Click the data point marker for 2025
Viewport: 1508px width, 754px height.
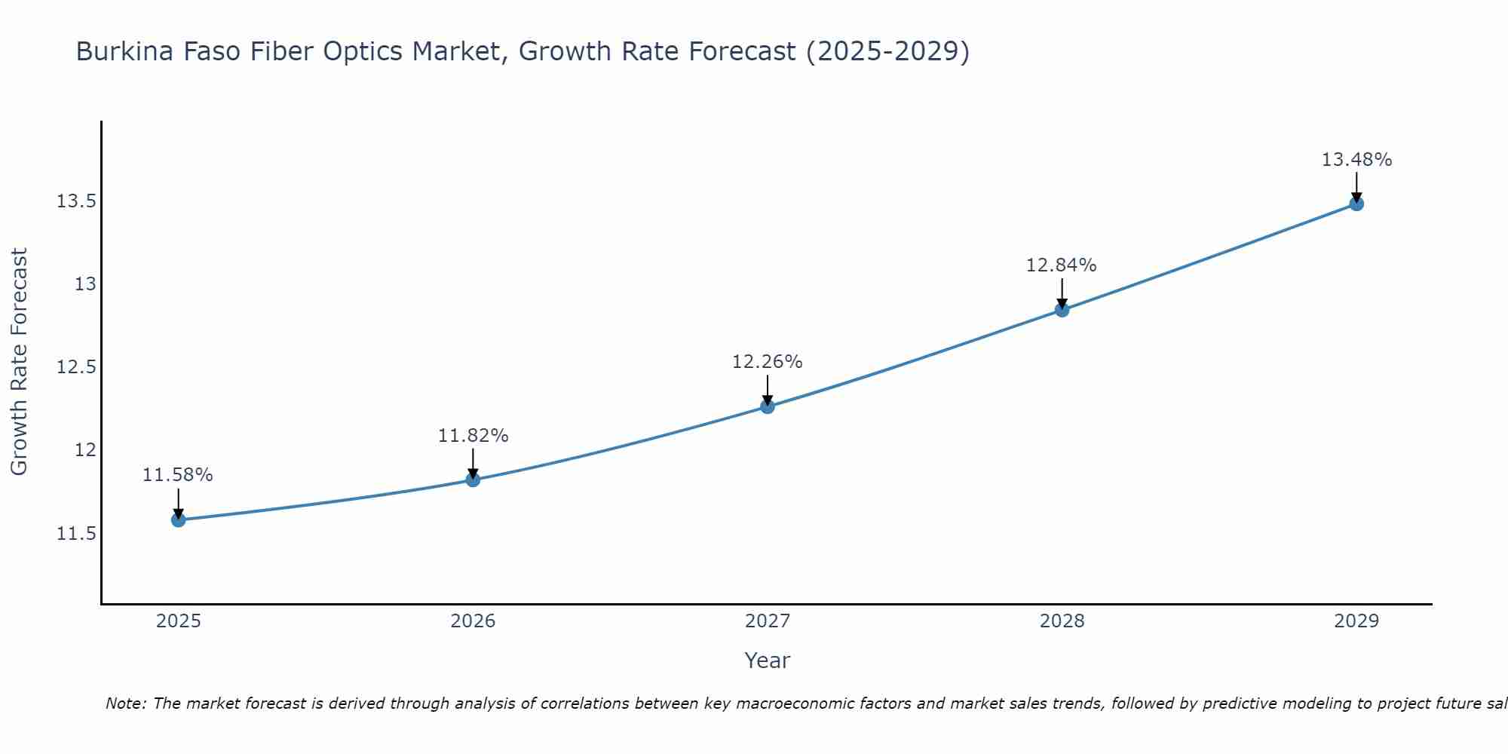tap(179, 520)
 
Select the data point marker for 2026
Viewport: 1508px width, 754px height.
tap(473, 480)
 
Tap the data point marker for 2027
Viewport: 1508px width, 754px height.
tap(768, 406)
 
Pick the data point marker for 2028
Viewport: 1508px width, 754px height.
tap(1062, 310)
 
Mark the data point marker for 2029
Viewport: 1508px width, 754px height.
tap(1356, 204)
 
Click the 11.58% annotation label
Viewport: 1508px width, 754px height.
tap(178, 475)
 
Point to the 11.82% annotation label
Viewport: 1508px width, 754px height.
tap(473, 436)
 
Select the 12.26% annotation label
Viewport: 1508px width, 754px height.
tap(768, 362)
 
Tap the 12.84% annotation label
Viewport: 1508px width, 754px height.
tap(1062, 265)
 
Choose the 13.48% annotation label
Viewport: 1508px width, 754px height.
tap(1356, 160)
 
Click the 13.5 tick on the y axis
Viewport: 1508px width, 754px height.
tap(76, 201)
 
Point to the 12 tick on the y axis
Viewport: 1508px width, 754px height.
tap(85, 450)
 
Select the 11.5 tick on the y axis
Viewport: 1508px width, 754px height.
tap(76, 534)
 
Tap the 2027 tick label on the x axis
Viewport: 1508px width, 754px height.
tap(768, 621)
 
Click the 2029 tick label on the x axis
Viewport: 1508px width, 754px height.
tap(1356, 621)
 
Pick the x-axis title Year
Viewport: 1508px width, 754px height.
tap(768, 661)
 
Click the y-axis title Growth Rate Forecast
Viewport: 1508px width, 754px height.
tap(19, 362)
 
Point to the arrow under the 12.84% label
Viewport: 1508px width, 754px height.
tap(1062, 293)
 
